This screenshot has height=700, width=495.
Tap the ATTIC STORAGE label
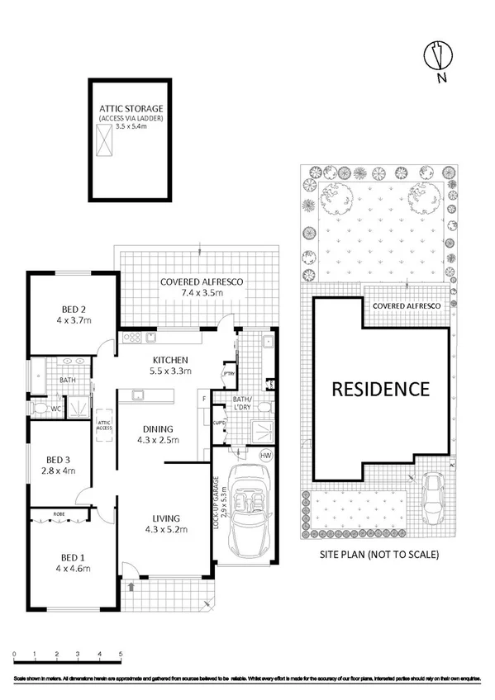(x=131, y=108)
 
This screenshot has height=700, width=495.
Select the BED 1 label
(x=70, y=562)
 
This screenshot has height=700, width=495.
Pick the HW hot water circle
(x=265, y=456)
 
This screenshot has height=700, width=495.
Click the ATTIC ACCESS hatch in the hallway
(x=104, y=429)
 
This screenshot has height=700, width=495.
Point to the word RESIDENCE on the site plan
(x=381, y=388)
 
